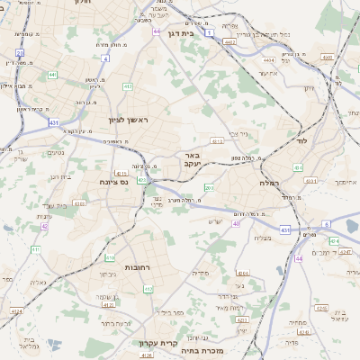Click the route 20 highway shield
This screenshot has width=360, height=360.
tap(20, 53)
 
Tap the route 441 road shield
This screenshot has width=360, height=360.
tap(52, 76)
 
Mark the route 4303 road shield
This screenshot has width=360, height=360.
tap(78, 204)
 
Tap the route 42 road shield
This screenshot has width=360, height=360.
tap(44, 227)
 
